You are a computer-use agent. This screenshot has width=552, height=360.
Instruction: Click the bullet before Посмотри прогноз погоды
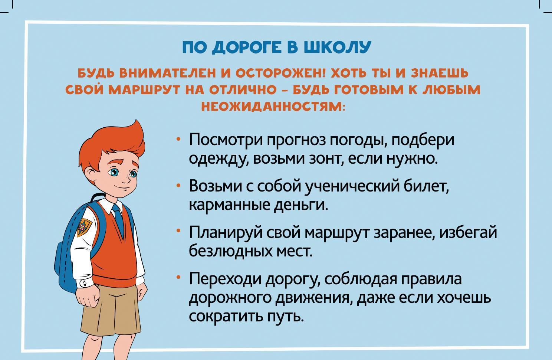pyautogui.click(x=179, y=139)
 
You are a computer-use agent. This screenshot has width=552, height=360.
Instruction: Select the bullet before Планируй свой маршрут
pyautogui.click(x=179, y=231)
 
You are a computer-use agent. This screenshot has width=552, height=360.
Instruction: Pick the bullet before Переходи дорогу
pyautogui.click(x=179, y=277)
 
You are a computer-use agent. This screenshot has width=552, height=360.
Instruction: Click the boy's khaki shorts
pyautogui.click(x=111, y=311)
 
